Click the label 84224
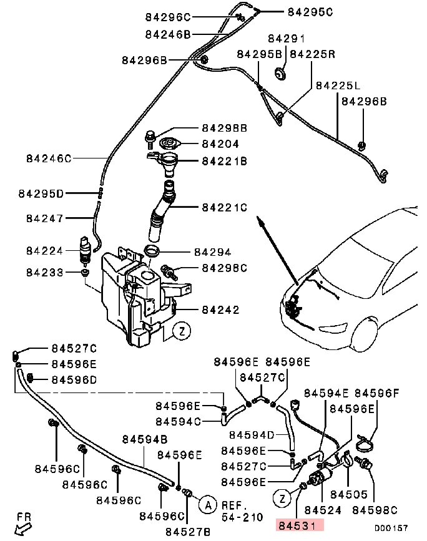click(45, 250)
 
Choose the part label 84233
click(45, 272)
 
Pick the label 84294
click(212, 253)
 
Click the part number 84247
click(45, 218)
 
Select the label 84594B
click(144, 439)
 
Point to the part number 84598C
click(375, 510)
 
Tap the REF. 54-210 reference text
click(239, 512)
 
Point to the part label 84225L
click(337, 85)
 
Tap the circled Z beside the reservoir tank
click(180, 331)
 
